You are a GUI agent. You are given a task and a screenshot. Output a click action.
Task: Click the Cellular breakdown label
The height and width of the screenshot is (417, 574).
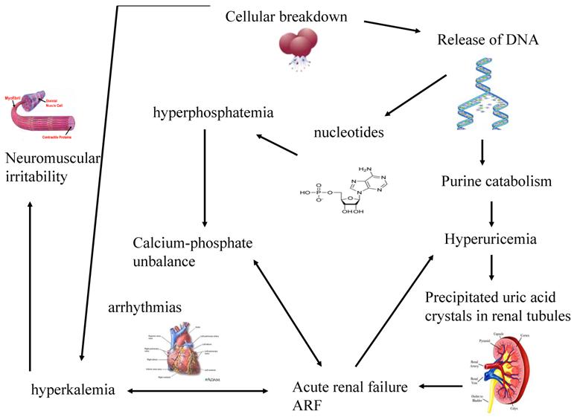(x=286, y=16)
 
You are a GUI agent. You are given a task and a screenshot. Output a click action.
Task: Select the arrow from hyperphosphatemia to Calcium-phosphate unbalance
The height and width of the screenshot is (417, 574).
(x=205, y=178)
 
